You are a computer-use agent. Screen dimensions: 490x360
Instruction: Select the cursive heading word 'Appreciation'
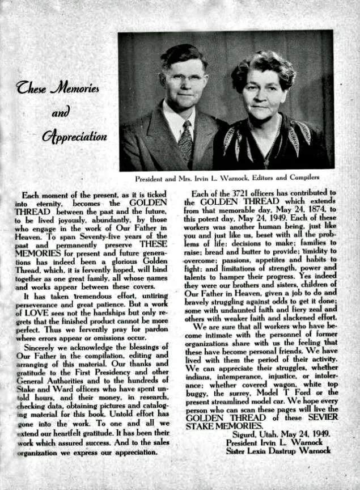click(74, 137)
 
